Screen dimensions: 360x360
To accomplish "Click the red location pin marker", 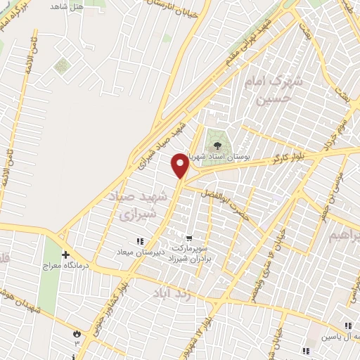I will [181, 165].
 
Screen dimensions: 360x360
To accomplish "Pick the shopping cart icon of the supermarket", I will [188, 236].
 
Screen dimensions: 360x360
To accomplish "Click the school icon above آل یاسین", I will [347, 325].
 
